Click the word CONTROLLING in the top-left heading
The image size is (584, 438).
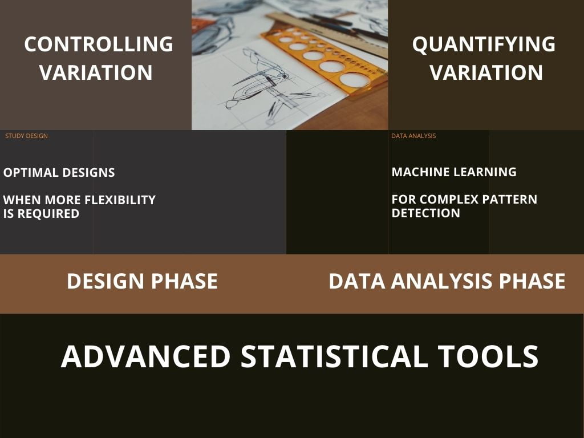[x=99, y=44]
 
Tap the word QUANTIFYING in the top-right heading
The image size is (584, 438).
[x=484, y=44]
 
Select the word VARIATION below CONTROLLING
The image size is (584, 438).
[x=96, y=72]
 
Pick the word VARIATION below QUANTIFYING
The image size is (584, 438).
[x=486, y=72]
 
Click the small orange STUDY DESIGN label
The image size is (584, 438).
[x=26, y=136]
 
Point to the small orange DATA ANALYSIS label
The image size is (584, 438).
[x=413, y=136]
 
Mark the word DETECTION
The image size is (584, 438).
[x=425, y=213]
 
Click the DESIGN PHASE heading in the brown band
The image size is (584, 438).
[x=142, y=281]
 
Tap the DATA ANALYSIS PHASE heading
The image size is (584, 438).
[x=447, y=281]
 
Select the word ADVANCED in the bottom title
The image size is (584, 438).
[x=145, y=356]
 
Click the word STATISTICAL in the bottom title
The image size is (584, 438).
[x=334, y=356]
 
